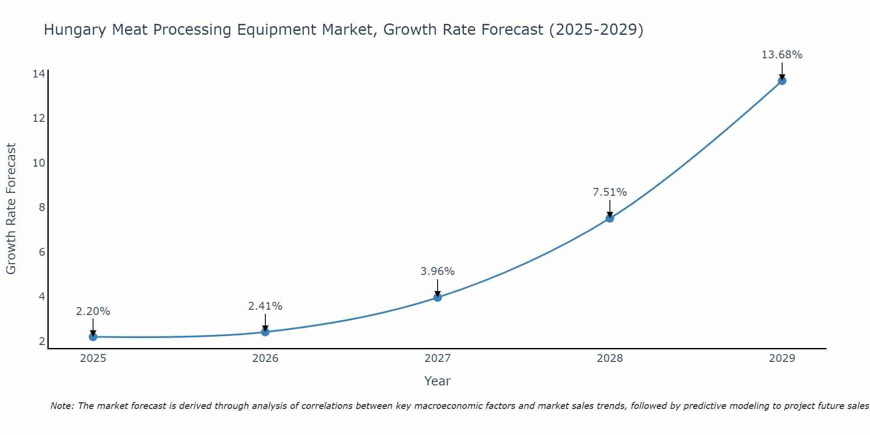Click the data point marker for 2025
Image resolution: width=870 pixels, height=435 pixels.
pyautogui.click(x=93, y=337)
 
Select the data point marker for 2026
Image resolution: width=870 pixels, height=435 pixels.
pyautogui.click(x=265, y=332)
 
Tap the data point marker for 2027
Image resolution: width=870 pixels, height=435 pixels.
pyautogui.click(x=438, y=298)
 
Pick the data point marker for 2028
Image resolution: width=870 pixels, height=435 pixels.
pyautogui.click(x=610, y=218)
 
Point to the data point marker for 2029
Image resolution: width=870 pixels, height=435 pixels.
pyautogui.click(x=782, y=81)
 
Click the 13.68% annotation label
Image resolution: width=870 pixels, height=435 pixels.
pyautogui.click(x=782, y=55)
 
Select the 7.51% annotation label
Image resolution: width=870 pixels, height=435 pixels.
pyautogui.click(x=610, y=192)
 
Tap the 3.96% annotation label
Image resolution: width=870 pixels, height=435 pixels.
pyautogui.click(x=438, y=271)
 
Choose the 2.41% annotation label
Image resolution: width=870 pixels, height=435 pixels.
pyautogui.click(x=265, y=306)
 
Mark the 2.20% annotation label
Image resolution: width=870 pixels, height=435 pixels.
pyautogui.click(x=93, y=311)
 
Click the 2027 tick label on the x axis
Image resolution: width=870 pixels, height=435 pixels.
pyautogui.click(x=438, y=358)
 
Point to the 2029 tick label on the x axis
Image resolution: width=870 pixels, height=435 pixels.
pyautogui.click(x=782, y=358)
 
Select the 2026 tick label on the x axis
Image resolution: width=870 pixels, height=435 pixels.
pyautogui.click(x=265, y=358)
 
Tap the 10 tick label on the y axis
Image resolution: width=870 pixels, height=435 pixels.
pyautogui.click(x=39, y=163)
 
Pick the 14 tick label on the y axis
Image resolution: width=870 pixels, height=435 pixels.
pyautogui.click(x=39, y=74)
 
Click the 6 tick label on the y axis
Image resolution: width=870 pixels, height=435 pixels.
pyautogui.click(x=42, y=252)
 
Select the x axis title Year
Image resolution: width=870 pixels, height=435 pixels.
pyautogui.click(x=438, y=381)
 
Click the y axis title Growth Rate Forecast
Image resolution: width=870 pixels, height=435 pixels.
pyautogui.click(x=11, y=208)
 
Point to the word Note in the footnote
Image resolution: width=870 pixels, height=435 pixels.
pyautogui.click(x=63, y=406)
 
